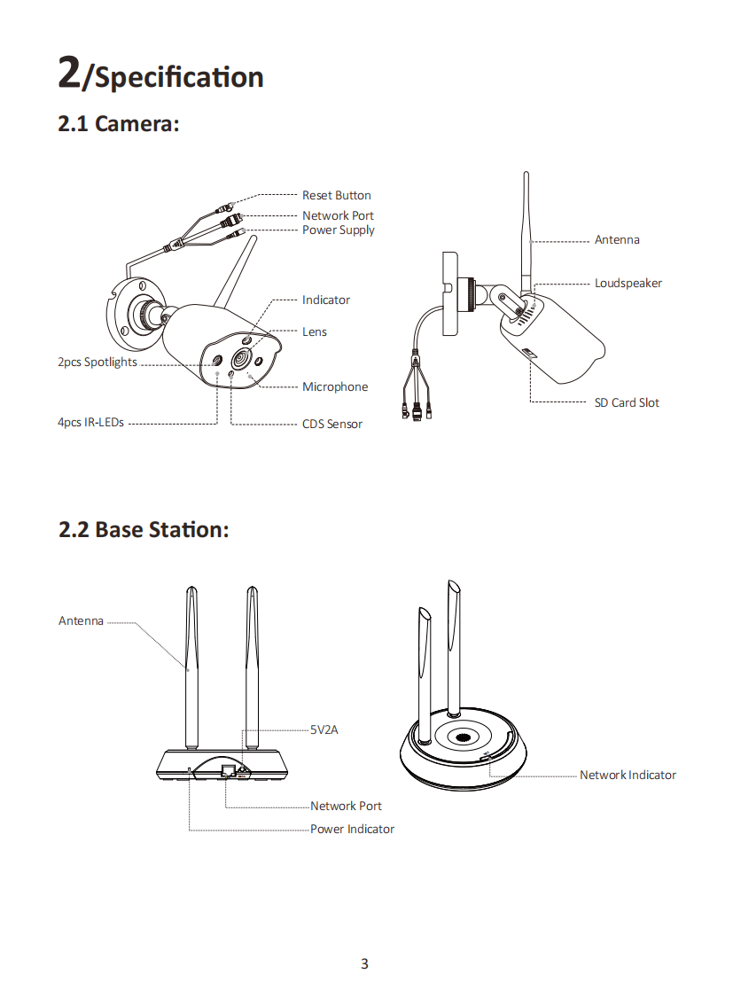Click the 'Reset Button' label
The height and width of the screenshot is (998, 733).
336,195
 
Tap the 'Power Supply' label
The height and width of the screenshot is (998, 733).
338,230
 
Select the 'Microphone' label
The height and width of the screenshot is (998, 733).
335,387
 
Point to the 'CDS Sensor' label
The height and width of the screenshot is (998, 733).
332,424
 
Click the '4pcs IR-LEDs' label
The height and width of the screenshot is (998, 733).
91,423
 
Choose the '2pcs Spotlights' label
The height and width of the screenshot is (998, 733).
97,363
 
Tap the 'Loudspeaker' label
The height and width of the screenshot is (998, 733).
628,284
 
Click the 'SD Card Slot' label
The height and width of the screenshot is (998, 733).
627,403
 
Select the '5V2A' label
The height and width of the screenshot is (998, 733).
324,730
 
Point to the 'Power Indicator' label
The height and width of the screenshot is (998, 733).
352,830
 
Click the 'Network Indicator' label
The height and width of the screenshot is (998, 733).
628,776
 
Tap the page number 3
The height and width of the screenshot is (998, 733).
364,963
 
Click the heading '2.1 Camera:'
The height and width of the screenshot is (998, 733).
119,123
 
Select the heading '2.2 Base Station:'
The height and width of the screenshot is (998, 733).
144,529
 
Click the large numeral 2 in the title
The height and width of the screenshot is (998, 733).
69,72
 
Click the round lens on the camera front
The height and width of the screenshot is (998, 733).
240,359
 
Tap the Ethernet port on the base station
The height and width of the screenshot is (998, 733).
228,771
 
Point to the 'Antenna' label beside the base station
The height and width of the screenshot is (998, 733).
81,621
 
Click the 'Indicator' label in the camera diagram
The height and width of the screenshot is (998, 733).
326,300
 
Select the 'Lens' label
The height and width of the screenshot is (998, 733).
315,332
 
